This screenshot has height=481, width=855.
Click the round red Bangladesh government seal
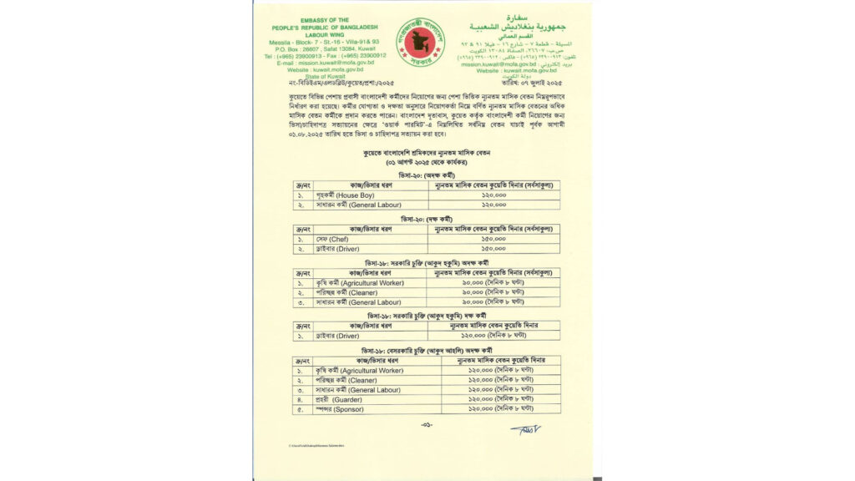[x=421, y=42]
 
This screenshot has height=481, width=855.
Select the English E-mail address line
[x=325, y=63]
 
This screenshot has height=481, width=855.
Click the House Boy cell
[x=343, y=194]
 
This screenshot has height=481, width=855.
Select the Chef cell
[x=333, y=238]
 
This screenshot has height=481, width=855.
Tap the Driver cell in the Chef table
[x=336, y=249]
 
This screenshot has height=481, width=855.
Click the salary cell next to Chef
[x=493, y=238]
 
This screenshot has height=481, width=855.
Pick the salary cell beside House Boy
[x=493, y=194]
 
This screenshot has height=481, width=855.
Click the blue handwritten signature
[x=525, y=430]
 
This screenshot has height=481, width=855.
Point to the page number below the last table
[x=427, y=424]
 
